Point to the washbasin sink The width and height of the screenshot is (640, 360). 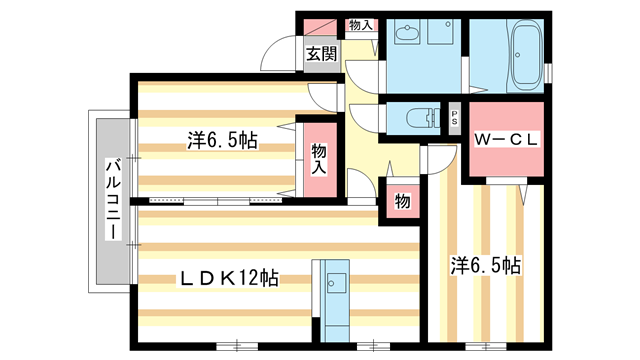tap(407, 36)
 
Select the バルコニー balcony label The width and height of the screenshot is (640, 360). tap(113, 199)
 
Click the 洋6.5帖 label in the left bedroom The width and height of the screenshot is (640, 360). tap(221, 141)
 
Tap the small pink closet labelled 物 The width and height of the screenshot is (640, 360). tap(402, 201)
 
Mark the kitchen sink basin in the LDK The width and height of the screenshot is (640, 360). tap(335, 280)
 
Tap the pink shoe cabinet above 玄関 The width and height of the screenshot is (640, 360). tap(320, 26)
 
